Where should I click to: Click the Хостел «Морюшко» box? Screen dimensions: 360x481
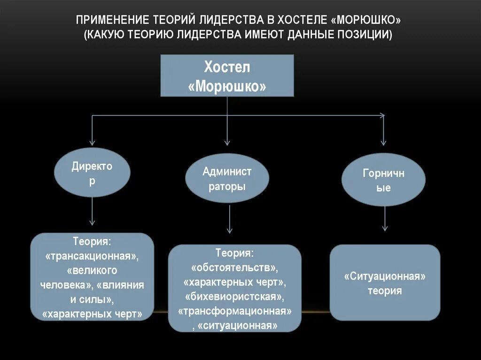click(x=227, y=76)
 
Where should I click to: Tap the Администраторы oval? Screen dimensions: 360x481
click(x=227, y=179)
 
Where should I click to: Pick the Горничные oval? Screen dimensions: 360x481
click(x=383, y=180)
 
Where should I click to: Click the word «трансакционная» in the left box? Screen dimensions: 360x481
click(x=93, y=257)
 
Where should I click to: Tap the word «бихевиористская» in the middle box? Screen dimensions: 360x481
click(x=234, y=297)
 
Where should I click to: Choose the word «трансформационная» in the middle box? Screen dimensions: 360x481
click(x=235, y=311)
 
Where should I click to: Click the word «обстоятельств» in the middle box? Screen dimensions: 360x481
click(x=234, y=268)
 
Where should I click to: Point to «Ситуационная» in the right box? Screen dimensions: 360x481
click(x=385, y=276)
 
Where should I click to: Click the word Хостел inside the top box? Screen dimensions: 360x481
click(x=227, y=67)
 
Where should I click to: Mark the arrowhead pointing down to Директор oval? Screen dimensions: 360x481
click(x=92, y=141)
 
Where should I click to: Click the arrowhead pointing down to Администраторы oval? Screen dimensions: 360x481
click(x=227, y=141)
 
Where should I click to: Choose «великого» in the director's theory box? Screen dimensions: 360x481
click(x=92, y=271)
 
